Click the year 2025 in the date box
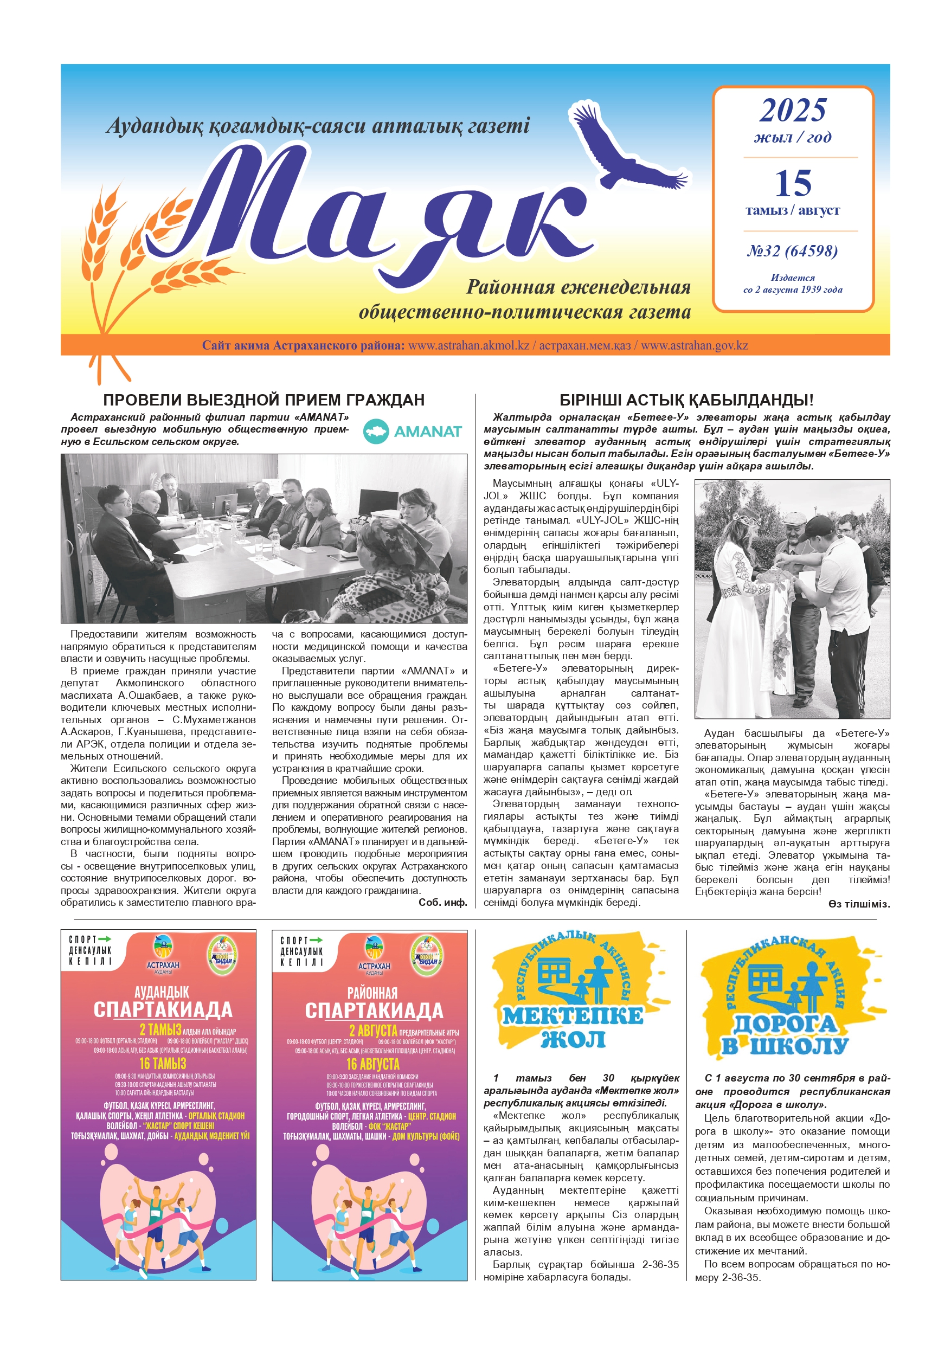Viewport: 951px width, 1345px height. (793, 110)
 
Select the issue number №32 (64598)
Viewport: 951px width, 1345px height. (793, 252)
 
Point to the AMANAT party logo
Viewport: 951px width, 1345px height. (413, 431)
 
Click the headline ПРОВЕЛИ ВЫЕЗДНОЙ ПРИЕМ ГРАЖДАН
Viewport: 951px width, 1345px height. (264, 400)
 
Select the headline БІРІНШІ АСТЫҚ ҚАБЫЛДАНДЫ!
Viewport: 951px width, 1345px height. (686, 400)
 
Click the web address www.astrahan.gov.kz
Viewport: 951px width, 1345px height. (695, 346)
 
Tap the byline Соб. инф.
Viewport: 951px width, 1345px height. (442, 903)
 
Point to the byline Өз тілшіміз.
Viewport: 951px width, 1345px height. (859, 904)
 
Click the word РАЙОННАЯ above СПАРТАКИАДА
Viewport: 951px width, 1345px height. (372, 993)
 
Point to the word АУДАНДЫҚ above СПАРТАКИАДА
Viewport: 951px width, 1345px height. (162, 992)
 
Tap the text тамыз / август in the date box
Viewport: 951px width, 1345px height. (793, 210)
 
